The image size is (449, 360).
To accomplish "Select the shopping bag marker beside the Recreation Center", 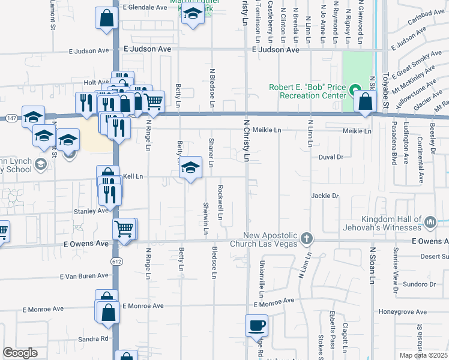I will [x=366, y=103].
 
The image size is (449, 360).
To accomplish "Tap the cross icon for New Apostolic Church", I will [x=307, y=239].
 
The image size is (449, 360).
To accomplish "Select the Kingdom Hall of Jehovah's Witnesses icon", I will [x=430, y=223].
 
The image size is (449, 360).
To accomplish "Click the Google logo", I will [x=20, y=352].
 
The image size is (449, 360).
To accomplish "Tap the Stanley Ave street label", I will [x=91, y=211].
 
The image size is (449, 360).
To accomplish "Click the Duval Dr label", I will [x=330, y=157].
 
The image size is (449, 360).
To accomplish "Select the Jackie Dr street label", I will [x=325, y=196].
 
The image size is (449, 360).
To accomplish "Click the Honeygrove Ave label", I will [x=403, y=312].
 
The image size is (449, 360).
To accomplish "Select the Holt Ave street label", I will [x=96, y=82].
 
